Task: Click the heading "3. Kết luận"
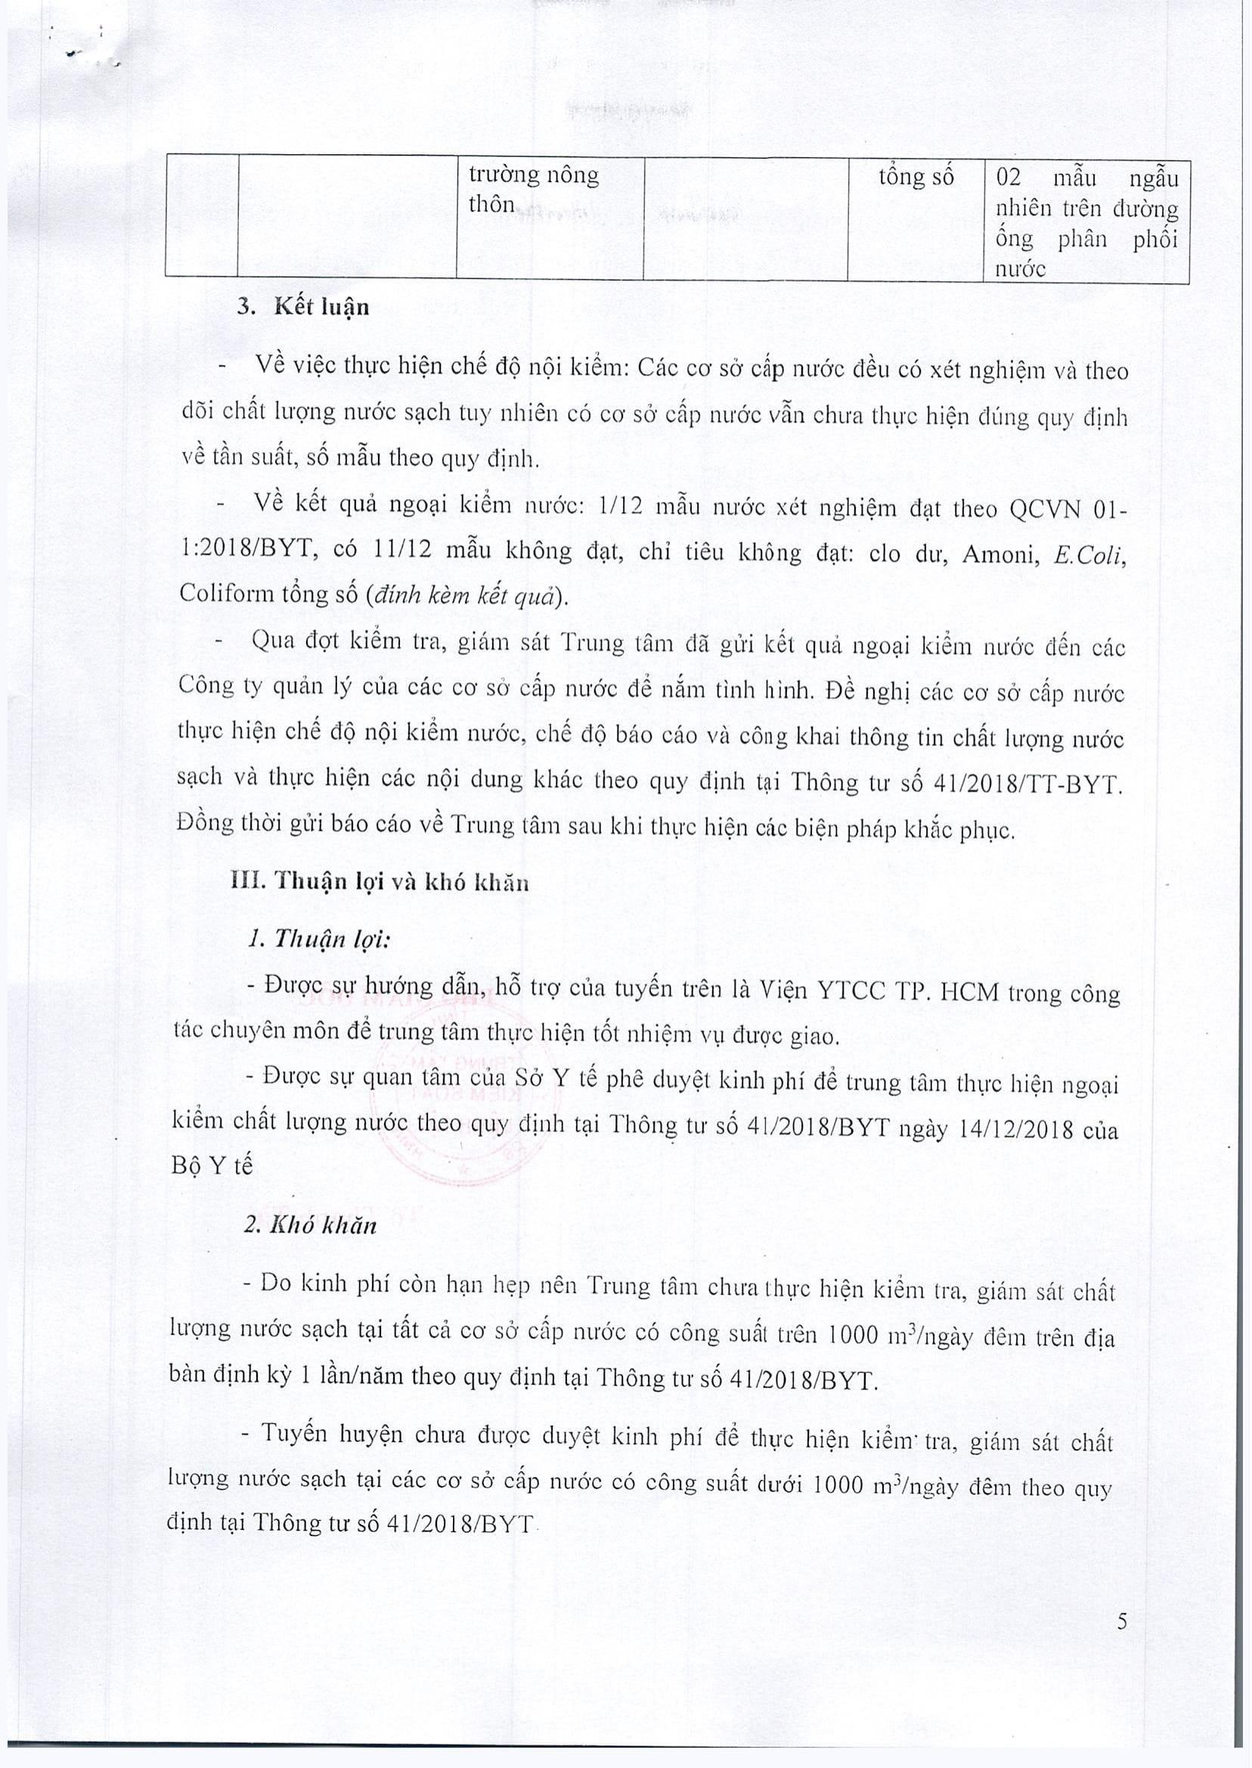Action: tap(304, 308)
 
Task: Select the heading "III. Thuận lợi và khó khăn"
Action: tap(380, 881)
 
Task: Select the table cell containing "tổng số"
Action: tap(916, 178)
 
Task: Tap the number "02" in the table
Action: tap(1009, 178)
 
